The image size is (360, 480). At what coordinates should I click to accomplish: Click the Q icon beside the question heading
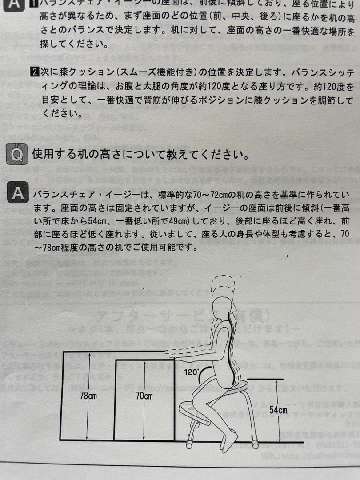17,154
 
